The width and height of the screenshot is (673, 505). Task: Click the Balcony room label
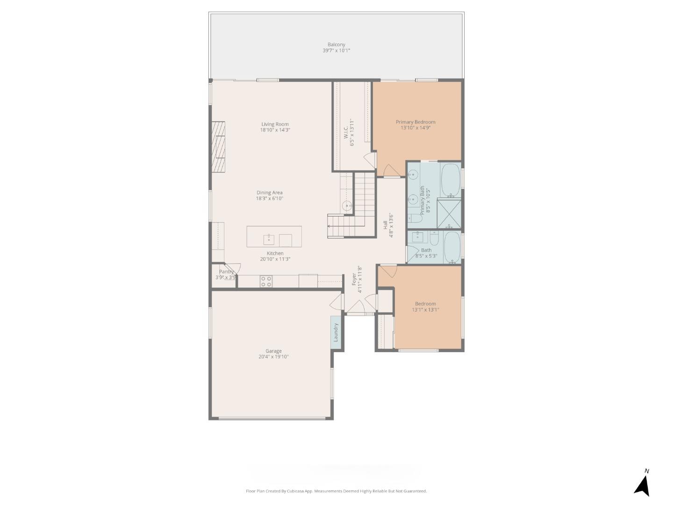click(336, 45)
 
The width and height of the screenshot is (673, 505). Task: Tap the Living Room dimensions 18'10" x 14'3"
click(275, 130)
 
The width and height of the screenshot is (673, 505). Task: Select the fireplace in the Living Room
click(218, 147)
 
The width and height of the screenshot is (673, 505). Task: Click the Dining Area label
click(269, 193)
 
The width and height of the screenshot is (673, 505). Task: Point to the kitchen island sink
click(269, 239)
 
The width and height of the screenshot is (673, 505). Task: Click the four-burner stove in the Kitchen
click(266, 281)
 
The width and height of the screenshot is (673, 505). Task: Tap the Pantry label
click(226, 272)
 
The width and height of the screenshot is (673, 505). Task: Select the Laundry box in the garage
click(335, 332)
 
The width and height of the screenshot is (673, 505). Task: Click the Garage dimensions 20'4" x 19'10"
click(273, 357)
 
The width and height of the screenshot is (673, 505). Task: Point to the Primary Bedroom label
click(415, 122)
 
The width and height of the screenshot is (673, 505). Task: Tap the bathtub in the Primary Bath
click(451, 180)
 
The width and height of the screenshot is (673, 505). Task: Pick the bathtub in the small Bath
click(451, 247)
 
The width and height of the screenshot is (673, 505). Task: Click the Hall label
click(386, 225)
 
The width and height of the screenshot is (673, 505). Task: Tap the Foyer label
click(354, 280)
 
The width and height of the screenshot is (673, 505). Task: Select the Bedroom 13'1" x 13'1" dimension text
click(425, 310)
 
